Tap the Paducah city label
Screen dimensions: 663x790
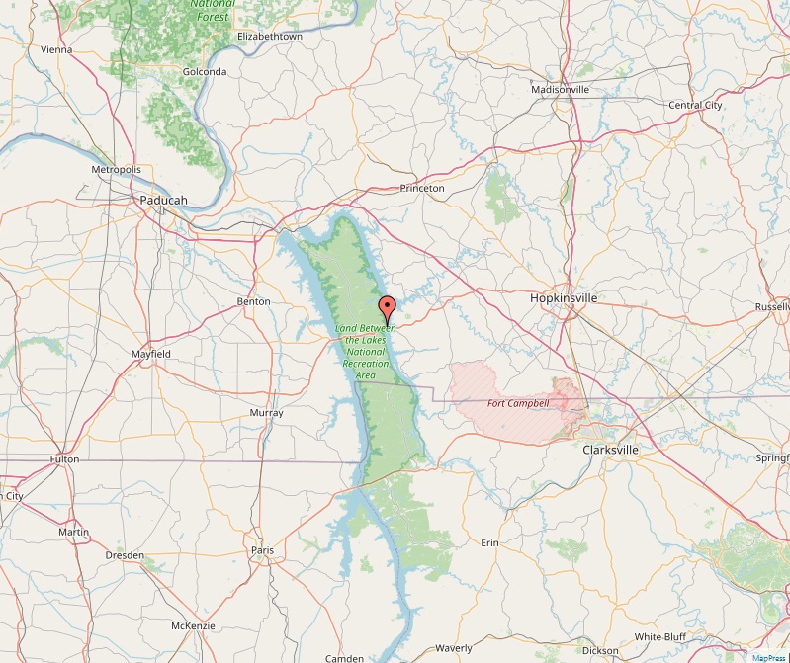click(x=163, y=200)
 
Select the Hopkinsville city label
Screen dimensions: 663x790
click(x=564, y=296)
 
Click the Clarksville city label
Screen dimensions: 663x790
click(x=611, y=450)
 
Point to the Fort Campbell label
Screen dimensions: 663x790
click(x=518, y=403)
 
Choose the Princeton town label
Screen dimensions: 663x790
click(x=422, y=188)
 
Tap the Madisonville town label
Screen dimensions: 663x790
click(x=560, y=89)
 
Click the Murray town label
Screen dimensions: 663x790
click(x=267, y=412)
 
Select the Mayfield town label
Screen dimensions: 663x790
click(x=151, y=353)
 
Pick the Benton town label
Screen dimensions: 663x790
click(x=254, y=301)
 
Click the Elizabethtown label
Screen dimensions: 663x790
click(x=270, y=37)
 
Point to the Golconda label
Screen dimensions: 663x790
click(x=205, y=72)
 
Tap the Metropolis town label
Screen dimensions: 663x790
click(x=117, y=170)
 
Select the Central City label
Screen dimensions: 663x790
click(x=695, y=105)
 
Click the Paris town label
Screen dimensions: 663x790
click(x=262, y=550)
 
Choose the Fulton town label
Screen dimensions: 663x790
click(x=64, y=459)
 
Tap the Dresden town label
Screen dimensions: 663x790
click(x=125, y=555)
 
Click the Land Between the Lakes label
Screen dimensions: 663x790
click(x=366, y=351)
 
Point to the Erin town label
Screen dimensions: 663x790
click(x=489, y=543)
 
